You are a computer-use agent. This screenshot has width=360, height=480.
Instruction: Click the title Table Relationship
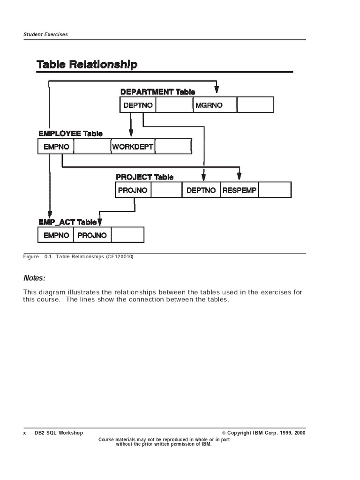[87, 64]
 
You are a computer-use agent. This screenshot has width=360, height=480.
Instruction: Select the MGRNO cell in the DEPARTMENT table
[209, 105]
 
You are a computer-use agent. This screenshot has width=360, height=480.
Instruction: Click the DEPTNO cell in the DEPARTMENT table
[138, 105]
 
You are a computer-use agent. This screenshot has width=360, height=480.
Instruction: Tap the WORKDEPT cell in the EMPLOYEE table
[133, 147]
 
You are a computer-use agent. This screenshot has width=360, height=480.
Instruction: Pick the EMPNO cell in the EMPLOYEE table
[56, 147]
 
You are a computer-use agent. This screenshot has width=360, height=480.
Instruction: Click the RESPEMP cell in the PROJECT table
[240, 190]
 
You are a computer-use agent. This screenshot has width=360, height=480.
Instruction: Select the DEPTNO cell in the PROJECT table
[201, 190]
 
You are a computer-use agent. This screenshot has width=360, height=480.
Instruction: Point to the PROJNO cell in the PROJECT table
[133, 190]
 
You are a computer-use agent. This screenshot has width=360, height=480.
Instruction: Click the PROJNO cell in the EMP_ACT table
[92, 235]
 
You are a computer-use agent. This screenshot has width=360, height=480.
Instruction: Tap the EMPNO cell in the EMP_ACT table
[56, 235]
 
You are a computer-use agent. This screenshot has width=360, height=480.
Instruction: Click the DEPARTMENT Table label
[157, 92]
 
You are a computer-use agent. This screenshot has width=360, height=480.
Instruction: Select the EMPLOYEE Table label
[70, 134]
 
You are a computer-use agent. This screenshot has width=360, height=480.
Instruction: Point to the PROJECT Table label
[144, 177]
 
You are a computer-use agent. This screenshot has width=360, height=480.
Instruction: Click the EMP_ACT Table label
[67, 222]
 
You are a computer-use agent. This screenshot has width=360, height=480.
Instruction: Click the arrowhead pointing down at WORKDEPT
[131, 134]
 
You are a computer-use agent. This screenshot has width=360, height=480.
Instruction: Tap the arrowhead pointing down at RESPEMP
[239, 176]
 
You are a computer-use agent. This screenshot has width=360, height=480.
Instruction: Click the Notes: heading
[35, 278]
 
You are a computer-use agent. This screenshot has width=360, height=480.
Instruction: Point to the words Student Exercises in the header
[45, 35]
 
